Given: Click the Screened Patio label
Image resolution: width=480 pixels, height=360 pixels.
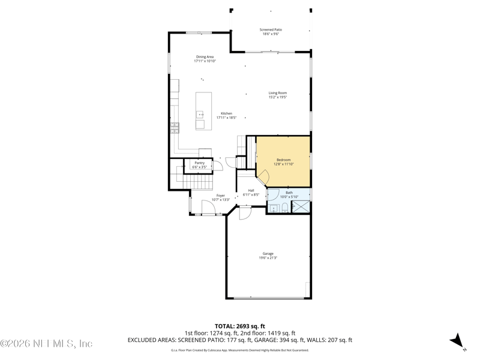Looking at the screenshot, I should tap(271, 29).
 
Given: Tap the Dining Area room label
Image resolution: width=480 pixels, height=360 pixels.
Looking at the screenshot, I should tap(205, 57).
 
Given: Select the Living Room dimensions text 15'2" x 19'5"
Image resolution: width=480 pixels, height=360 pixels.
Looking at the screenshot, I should tap(277, 97).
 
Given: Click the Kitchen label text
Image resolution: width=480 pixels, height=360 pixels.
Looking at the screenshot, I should tap(226, 113).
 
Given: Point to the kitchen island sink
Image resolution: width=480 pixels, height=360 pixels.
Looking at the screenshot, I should tap(200, 114).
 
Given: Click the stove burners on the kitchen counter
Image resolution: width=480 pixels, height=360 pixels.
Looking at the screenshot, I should tap(175, 127).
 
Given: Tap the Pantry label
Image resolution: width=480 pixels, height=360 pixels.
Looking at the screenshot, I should tap(199, 163).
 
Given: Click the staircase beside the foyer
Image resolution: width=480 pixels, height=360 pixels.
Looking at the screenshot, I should tap(197, 180).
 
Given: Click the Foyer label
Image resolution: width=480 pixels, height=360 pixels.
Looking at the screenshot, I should tap(221, 196).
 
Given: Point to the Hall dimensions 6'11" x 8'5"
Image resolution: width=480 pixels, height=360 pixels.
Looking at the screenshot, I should tap(251, 195).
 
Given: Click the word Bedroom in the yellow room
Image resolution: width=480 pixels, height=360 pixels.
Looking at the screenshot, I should tap(283, 160).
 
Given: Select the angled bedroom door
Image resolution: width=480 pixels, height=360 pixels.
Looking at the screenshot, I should tap(263, 176).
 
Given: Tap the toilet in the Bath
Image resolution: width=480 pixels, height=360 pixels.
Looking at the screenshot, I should tap(285, 208).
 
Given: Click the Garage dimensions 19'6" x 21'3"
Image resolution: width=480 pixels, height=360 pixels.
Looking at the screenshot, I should tap(268, 258).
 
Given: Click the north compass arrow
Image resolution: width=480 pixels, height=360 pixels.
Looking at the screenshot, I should tap(458, 341).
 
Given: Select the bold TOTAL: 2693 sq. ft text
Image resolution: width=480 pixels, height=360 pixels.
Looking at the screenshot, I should tap(239, 326).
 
